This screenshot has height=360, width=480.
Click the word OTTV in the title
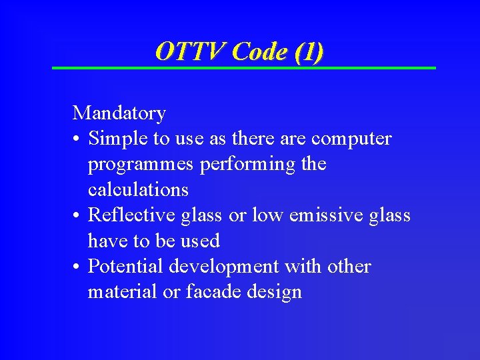click(190, 51)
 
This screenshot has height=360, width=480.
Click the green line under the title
click(244, 68)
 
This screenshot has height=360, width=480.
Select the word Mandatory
click(119, 113)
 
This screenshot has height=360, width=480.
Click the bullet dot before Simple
click(77, 139)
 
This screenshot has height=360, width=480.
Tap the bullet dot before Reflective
click(77, 216)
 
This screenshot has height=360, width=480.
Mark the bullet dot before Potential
click(77, 267)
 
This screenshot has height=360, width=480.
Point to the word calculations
click(138, 190)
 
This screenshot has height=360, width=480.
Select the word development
click(224, 267)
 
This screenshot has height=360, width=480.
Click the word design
click(273, 292)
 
